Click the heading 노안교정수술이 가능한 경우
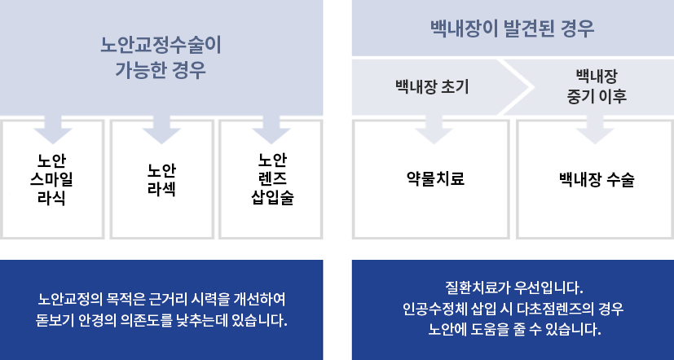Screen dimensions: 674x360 [x=161, y=58]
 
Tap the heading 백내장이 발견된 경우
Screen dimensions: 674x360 [x=512, y=29]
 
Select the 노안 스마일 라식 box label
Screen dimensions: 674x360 [x=51, y=179]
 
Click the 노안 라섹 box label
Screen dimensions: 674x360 [x=161, y=179]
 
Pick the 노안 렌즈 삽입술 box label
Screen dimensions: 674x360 [x=272, y=178]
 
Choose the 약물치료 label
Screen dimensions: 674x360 [x=435, y=178]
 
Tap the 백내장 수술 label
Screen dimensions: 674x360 [x=597, y=179]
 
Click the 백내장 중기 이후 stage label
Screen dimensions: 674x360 [x=597, y=87]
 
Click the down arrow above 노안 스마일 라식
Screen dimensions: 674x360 [x=53, y=130]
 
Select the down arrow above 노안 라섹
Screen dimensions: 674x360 [x=161, y=130]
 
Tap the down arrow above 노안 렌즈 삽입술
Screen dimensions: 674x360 [x=271, y=130]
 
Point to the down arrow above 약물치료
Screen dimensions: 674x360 [x=434, y=130]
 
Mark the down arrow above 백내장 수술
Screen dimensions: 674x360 [x=595, y=130]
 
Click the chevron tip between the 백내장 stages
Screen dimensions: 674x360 [x=534, y=87]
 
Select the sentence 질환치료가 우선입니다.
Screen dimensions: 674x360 [x=514, y=288]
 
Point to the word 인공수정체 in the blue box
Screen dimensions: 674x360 [x=434, y=309]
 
